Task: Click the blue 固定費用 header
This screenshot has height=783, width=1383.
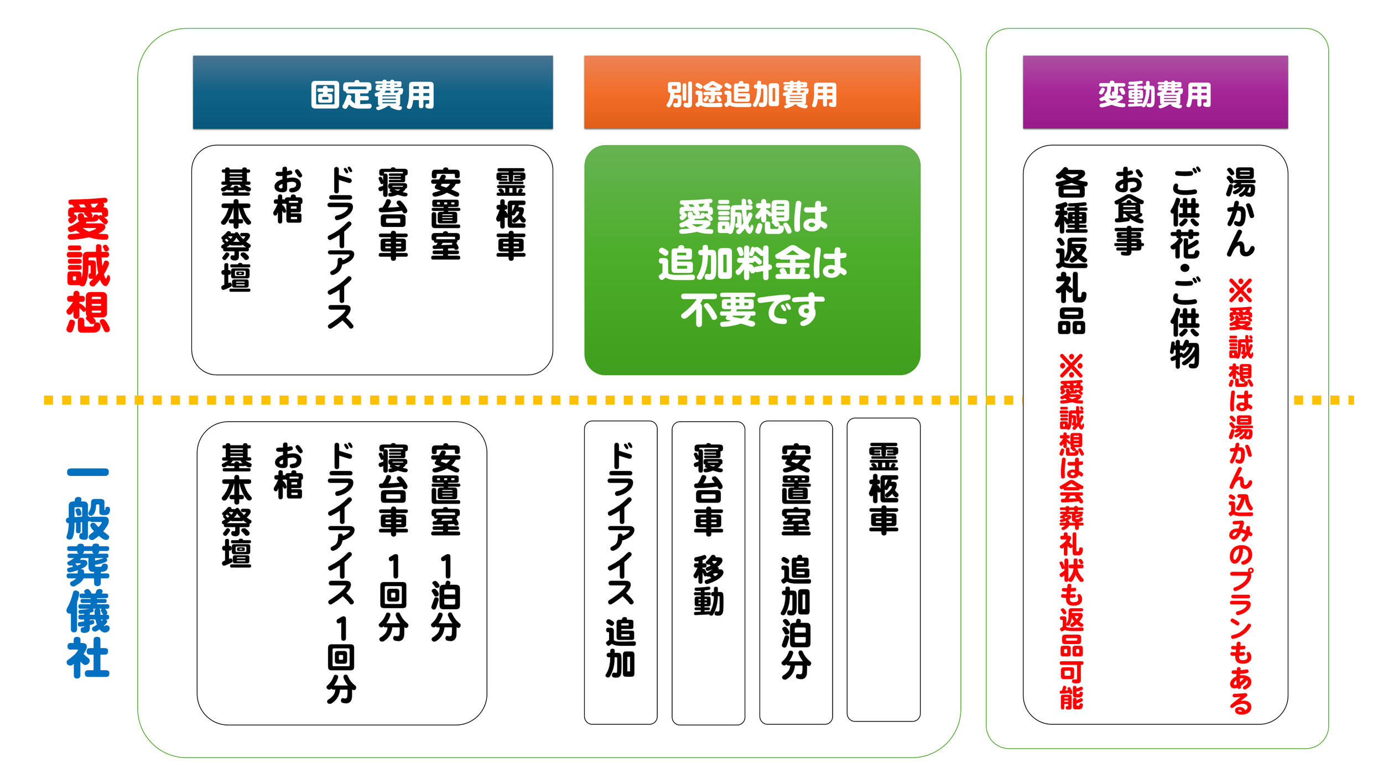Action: (372, 93)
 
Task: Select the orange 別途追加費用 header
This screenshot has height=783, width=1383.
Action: (752, 93)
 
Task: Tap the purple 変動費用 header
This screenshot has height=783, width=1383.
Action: (1155, 93)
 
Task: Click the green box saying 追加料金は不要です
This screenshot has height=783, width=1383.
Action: (752, 260)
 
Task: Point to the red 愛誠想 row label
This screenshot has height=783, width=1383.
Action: (88, 266)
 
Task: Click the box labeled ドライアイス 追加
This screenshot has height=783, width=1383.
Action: (620, 572)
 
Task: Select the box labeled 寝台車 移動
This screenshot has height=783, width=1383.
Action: (708, 572)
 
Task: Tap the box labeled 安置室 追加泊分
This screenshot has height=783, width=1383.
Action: (796, 572)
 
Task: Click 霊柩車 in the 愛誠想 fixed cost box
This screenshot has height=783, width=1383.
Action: (511, 214)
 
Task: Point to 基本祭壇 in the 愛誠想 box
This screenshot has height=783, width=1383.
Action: (236, 230)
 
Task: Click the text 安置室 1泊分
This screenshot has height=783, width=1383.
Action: (445, 542)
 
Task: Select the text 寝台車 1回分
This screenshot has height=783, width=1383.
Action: (393, 542)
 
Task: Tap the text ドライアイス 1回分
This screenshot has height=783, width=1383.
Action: (341, 573)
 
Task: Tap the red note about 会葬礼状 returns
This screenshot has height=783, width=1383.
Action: (1071, 531)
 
